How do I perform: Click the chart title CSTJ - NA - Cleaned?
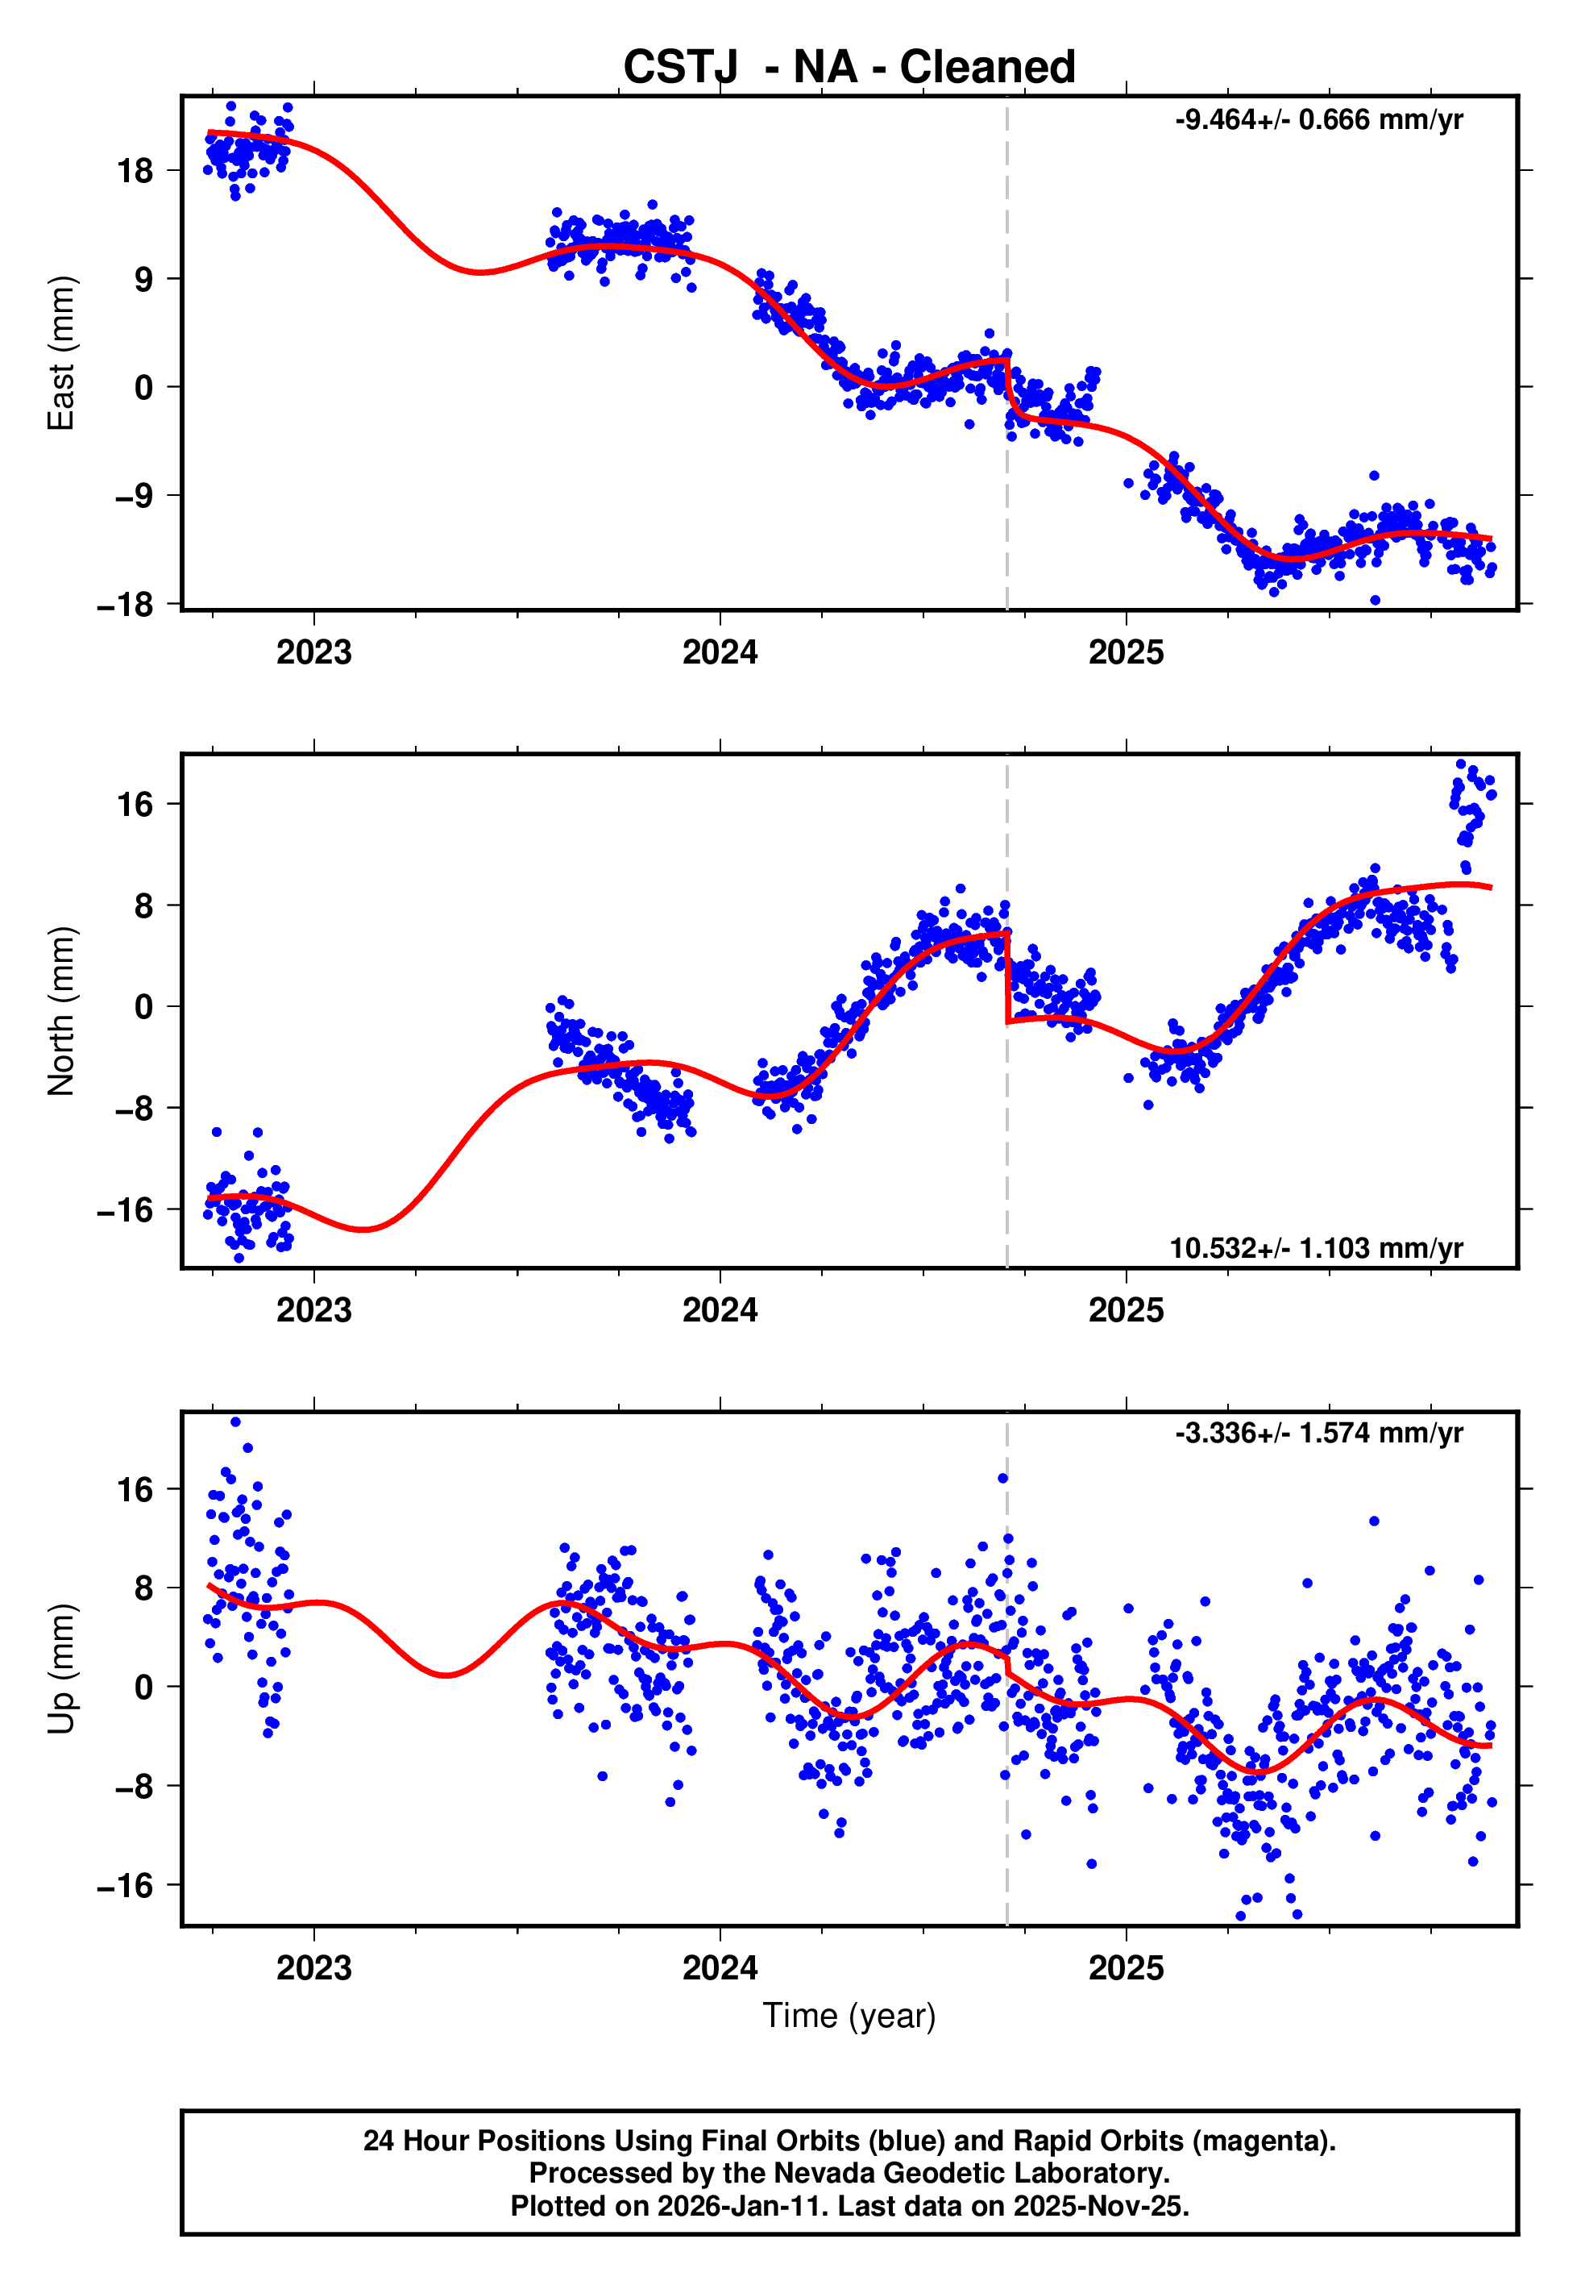pos(849,68)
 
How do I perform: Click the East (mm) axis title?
pos(60,353)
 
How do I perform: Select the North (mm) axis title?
pos(60,1011)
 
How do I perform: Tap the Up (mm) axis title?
pos(60,1669)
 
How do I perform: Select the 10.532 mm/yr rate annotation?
pos(1316,1247)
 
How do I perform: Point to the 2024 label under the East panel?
pos(720,653)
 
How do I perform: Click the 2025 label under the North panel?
pos(1127,1310)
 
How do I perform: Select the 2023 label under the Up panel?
pos(314,1968)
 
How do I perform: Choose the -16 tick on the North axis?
pos(126,1210)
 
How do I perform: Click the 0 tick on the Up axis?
pos(144,1688)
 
